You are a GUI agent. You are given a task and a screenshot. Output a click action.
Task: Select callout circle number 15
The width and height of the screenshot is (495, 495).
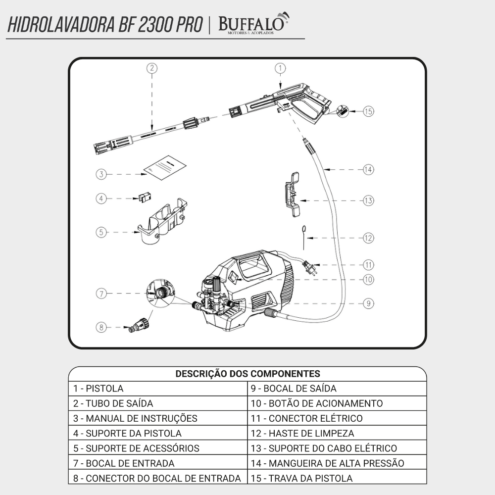[368, 111]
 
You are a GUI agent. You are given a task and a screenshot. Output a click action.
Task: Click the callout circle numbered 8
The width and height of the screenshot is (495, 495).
[101, 327]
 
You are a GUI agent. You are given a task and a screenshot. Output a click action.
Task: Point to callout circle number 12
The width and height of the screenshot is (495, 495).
[368, 238]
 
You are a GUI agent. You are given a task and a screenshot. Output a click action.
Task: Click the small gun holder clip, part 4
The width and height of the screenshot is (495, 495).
[144, 198]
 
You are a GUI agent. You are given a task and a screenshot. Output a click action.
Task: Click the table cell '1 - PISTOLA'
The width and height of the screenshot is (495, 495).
[157, 389]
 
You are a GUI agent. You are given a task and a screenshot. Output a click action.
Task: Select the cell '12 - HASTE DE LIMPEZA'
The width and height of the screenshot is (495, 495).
[337, 433]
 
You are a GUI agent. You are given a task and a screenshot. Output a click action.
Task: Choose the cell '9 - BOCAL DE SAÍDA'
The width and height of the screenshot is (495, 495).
[337, 389]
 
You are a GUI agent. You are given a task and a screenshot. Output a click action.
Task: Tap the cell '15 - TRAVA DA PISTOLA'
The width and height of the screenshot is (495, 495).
[337, 478]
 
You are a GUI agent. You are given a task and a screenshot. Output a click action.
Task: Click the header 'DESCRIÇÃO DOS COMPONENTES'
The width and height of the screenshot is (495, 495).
[247, 374]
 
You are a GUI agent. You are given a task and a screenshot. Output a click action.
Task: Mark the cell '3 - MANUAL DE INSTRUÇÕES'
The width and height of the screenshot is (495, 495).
[157, 418]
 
